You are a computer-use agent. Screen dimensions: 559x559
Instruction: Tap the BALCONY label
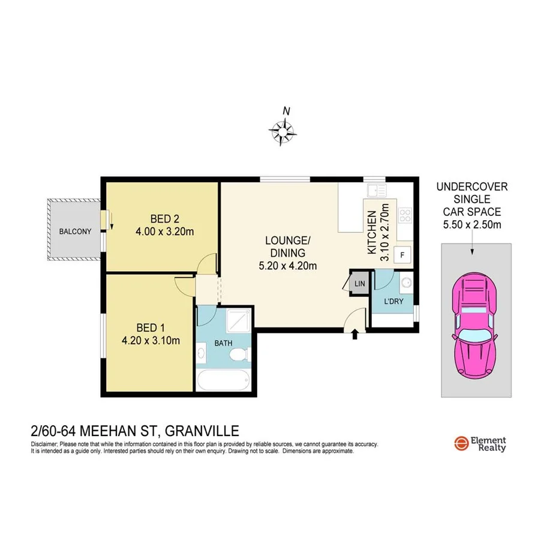(x=75, y=231)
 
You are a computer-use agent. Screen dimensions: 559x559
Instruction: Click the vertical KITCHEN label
(x=372, y=232)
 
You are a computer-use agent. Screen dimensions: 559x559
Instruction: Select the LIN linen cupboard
(x=360, y=284)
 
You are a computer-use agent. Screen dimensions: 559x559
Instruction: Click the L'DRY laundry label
(x=393, y=301)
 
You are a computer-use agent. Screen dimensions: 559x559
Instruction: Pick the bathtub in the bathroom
(x=223, y=380)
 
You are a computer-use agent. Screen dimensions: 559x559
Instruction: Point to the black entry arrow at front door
(x=354, y=333)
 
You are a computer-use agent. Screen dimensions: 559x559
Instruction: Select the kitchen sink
(x=377, y=191)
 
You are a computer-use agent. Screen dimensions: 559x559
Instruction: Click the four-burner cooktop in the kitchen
(x=404, y=214)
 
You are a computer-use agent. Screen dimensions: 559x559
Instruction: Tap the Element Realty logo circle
(x=461, y=443)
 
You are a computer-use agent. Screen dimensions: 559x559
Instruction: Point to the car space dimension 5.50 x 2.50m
(x=471, y=225)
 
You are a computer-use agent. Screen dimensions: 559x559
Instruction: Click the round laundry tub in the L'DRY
(x=404, y=283)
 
